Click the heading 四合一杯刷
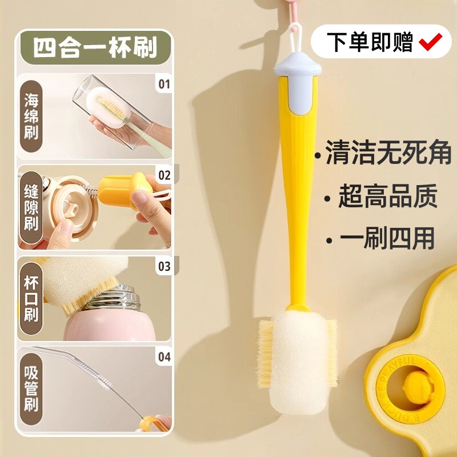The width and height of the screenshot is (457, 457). coord(95,47)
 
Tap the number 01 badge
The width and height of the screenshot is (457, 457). coord(164,84)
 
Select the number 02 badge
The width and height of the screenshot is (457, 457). coord(165,175)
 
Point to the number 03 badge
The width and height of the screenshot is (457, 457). coord(165,266)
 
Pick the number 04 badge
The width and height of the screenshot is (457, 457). coord(165,356)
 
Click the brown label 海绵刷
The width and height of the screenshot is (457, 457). coord(31,116)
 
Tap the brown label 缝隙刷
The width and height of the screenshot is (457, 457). coord(31,207)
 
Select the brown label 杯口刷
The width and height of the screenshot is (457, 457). coord(31,298)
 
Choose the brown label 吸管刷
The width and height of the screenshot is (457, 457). coord(31,389)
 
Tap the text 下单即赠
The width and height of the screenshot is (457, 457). coord(370,42)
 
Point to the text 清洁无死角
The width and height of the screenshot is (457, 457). coord(388,152)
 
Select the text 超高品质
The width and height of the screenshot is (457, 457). coord(388,196)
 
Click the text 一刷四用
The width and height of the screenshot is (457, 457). coord(387,238)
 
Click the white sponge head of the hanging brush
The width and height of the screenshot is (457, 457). coord(297,362)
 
